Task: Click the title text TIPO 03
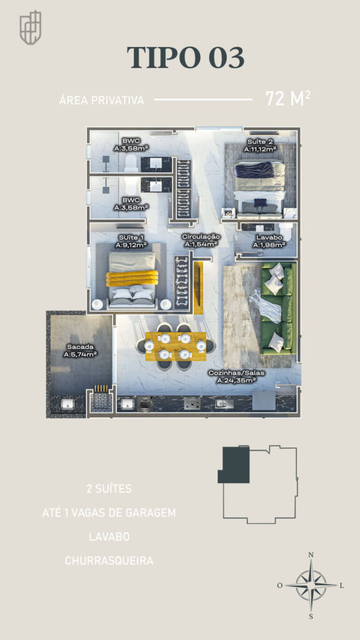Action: point(186,57)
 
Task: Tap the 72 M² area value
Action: point(287,98)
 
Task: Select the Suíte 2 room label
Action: point(261,146)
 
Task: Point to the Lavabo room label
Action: point(269,241)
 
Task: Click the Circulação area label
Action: point(201,241)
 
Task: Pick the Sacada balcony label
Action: point(80,351)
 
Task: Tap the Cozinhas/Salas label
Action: point(236,376)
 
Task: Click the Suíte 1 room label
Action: point(131,241)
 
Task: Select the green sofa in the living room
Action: point(278,308)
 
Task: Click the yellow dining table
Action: point(176,346)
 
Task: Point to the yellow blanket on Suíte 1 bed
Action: point(132,279)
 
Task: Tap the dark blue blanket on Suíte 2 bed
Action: point(255,169)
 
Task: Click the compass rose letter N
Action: point(311,555)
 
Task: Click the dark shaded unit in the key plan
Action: point(234,465)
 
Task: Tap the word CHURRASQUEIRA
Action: point(109,561)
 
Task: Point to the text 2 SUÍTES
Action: point(109,489)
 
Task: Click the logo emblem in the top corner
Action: point(31,27)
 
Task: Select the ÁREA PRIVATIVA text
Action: point(102,101)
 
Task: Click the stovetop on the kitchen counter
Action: point(192,404)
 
